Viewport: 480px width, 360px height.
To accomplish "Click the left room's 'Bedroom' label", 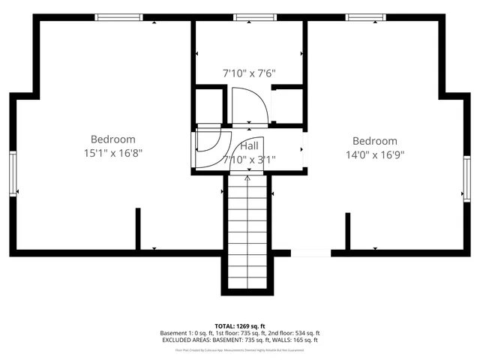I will coord(112,139).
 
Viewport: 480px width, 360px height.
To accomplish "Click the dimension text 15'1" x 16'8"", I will coord(112,152).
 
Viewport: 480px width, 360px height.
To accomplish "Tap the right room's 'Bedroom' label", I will coord(374,140).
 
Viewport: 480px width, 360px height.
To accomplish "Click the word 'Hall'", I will coord(249,145).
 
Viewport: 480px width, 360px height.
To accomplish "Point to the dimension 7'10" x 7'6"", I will coord(249,73).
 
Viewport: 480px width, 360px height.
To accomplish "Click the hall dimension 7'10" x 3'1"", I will coord(249,159).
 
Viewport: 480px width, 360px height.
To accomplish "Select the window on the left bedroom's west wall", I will coord(13,173).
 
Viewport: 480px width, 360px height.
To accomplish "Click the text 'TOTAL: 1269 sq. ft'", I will coord(239,326).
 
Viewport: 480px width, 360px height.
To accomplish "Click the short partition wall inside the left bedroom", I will coord(138,228).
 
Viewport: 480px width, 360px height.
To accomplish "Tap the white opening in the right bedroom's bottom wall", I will coord(310,253).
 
